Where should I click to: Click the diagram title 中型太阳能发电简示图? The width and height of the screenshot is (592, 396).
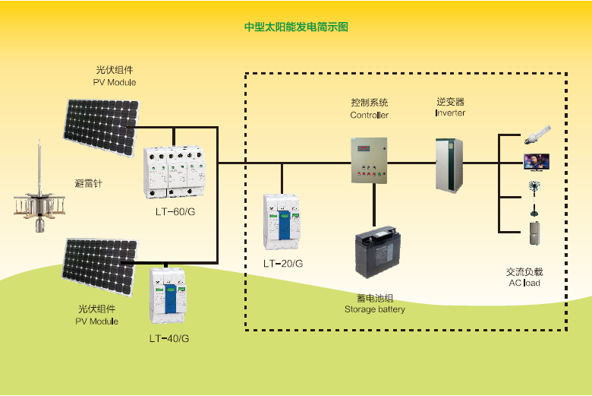(296, 27)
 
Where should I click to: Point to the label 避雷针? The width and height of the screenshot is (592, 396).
(88, 183)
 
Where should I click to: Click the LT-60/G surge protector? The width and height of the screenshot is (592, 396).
(175, 171)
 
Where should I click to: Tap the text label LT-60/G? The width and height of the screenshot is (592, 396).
(175, 211)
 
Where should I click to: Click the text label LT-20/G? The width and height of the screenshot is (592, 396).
(283, 264)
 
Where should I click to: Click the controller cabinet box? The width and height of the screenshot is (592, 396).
(369, 160)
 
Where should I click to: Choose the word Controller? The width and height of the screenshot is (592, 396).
(369, 116)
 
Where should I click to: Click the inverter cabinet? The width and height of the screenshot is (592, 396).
(448, 164)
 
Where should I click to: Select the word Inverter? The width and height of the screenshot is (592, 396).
(450, 113)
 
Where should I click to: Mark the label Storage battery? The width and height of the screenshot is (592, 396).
(375, 309)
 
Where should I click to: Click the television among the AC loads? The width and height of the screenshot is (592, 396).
(535, 161)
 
